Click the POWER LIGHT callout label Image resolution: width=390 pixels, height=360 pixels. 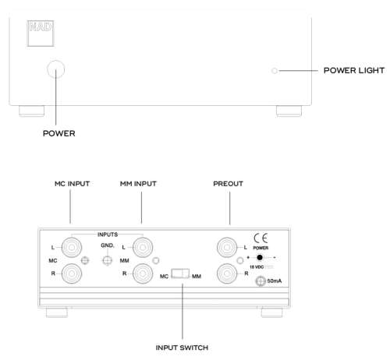click(353, 71)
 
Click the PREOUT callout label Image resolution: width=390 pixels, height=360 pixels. click(229, 184)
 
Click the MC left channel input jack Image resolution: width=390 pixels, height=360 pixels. click(71, 249)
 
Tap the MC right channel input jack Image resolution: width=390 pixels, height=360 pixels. click(71, 274)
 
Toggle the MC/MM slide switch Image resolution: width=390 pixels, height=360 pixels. click(181, 274)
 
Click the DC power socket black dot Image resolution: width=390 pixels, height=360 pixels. click(261, 256)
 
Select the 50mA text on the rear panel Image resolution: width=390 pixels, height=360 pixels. click(274, 281)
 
